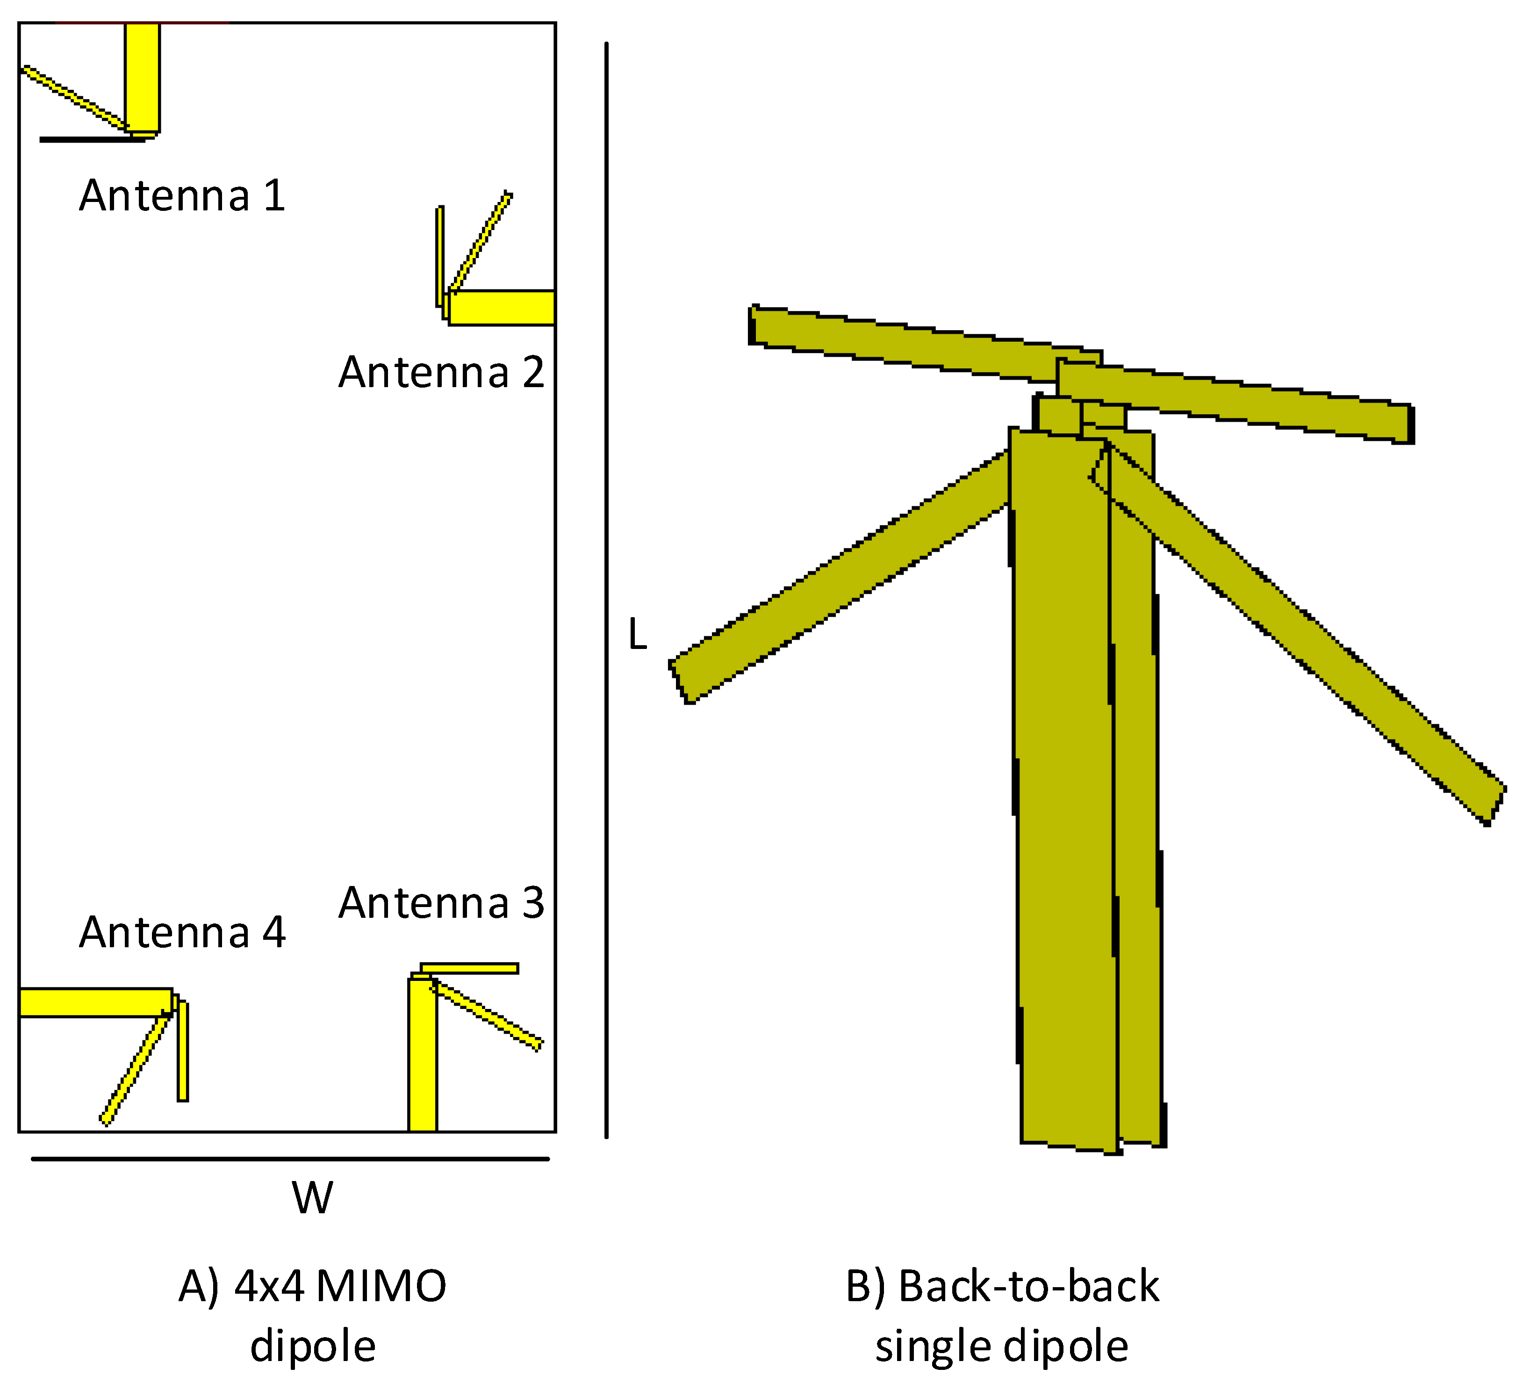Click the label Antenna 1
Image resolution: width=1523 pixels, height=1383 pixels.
[x=182, y=196]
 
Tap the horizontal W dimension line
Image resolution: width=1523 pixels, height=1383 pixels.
[x=290, y=1159]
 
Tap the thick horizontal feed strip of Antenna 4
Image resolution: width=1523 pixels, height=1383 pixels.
[x=94, y=1002]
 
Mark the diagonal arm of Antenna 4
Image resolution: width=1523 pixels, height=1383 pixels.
[x=135, y=1069]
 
